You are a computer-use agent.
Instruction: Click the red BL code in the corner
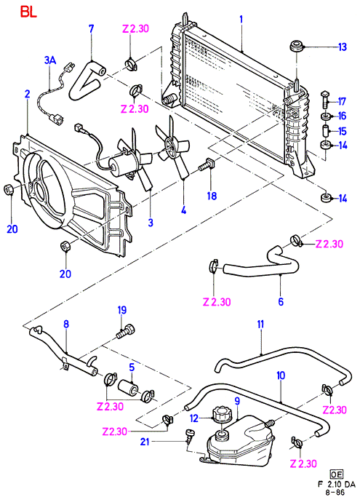pos(29,12)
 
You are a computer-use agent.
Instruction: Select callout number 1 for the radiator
pos(241,20)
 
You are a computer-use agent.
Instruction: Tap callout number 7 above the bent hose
pos(91,29)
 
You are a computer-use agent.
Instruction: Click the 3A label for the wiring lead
pos(50,60)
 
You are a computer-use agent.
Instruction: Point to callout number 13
pos(343,47)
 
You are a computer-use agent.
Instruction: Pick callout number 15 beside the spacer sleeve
pos(343,131)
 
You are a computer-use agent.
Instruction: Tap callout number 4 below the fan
pos(183,210)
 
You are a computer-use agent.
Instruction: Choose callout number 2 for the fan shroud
pos(27,94)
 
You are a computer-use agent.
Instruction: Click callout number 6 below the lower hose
pos(281,301)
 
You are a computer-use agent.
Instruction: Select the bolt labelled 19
pos(127,331)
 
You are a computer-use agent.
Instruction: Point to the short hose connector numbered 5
pos(128,387)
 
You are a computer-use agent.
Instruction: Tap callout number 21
pos(145,442)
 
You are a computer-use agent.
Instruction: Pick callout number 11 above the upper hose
pos(260,325)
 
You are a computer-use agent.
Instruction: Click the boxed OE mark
pos(337,474)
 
